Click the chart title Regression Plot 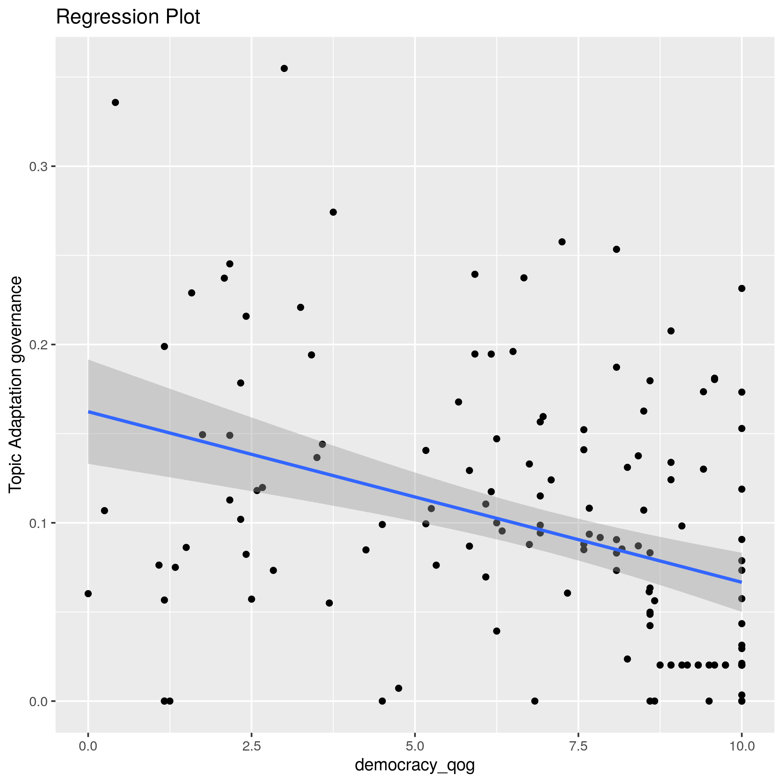[x=128, y=18]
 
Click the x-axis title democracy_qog [x=415, y=765]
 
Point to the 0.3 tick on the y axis [x=38, y=167]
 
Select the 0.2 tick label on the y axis [x=38, y=345]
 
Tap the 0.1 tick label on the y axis [x=38, y=523]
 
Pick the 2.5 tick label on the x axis [x=251, y=746]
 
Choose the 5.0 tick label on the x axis [x=415, y=746]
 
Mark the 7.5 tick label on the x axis [x=578, y=746]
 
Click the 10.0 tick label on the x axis [x=741, y=746]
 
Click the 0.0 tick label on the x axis [x=88, y=746]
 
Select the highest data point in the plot [x=284, y=69]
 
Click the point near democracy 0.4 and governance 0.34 [x=116, y=103]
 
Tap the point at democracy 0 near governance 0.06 [x=88, y=594]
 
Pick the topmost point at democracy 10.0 [x=742, y=289]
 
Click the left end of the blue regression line [x=88, y=412]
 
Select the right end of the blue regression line [x=741, y=582]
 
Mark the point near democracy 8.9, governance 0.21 [x=671, y=331]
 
